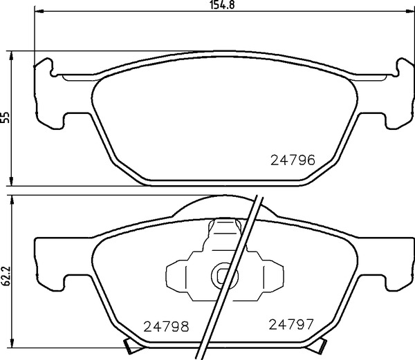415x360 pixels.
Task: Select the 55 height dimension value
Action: [x=5, y=117]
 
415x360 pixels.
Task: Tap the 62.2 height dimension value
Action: [x=6, y=276]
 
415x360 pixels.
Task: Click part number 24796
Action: [x=293, y=160]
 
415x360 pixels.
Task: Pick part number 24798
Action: [x=166, y=326]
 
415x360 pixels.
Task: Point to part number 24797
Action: [x=291, y=324]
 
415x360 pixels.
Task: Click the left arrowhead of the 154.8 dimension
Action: [x=39, y=11]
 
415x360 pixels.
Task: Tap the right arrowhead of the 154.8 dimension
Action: [x=409, y=11]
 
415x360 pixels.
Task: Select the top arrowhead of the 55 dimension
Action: [x=11, y=55]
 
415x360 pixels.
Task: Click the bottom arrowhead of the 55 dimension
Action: [x=11, y=181]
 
